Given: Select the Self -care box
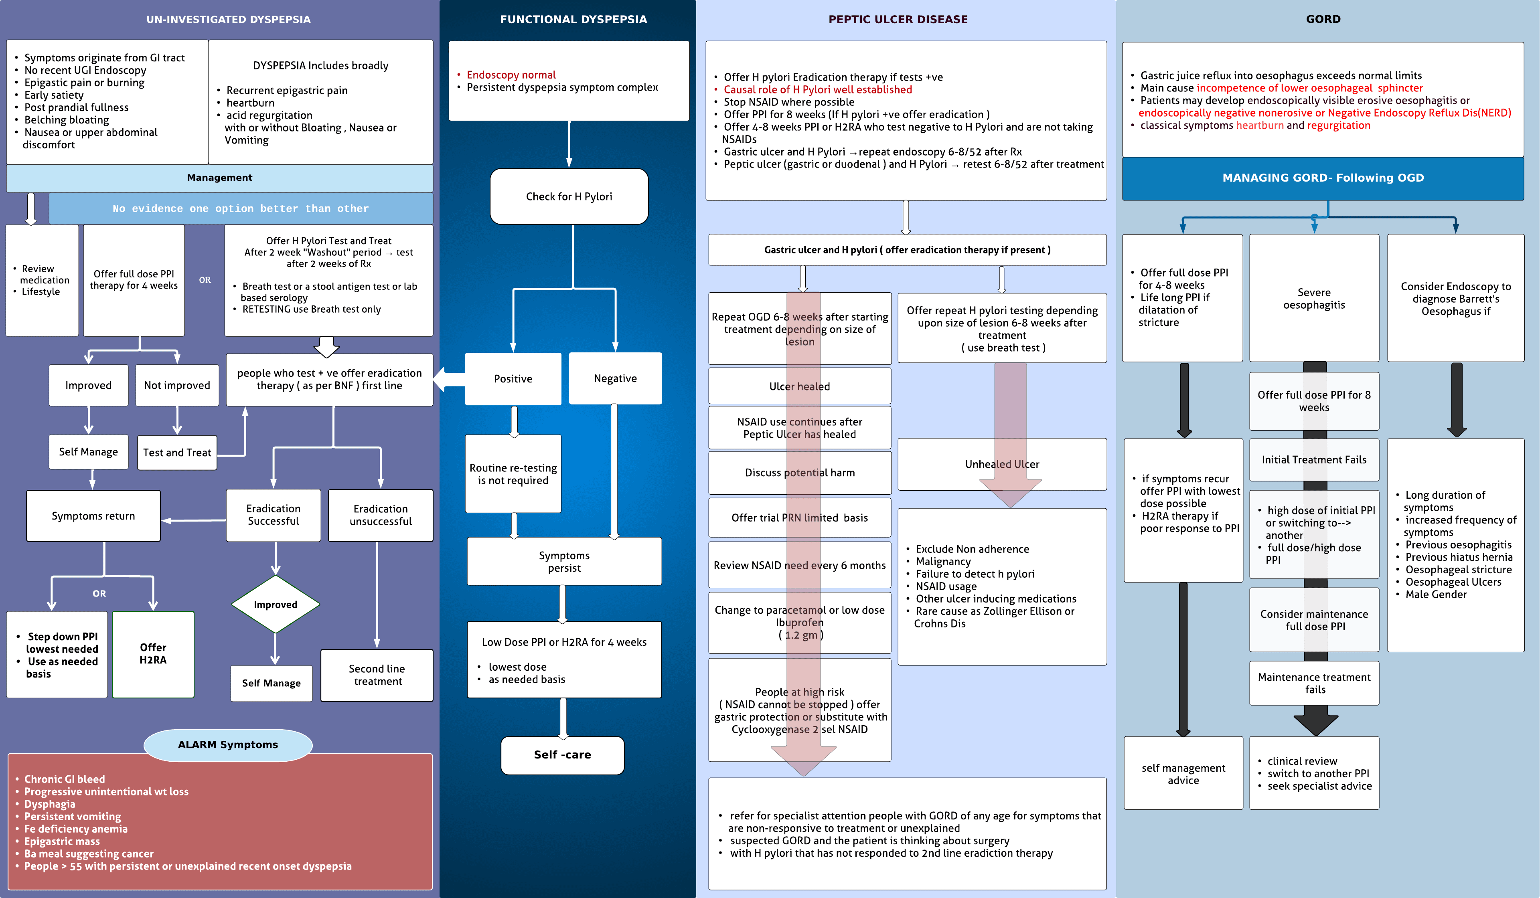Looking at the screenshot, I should click(562, 755).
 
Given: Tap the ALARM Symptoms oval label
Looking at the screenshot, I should click(228, 745).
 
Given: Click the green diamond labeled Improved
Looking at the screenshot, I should click(276, 604).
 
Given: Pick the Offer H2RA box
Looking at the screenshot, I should click(153, 653).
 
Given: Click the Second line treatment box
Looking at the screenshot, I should click(377, 675).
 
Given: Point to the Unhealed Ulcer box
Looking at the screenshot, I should click(1002, 464).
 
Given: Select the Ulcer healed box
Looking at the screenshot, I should click(799, 386).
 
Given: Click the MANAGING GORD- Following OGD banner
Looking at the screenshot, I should click(1323, 178).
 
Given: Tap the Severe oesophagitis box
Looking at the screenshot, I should click(1314, 299).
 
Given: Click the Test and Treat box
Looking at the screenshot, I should click(177, 453).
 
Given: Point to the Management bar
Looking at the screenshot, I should click(219, 178).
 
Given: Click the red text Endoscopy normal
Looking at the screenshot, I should click(511, 75).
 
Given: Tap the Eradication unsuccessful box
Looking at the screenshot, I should click(380, 515).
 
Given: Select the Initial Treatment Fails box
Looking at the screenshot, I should click(1314, 459).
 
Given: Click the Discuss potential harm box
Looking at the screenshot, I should click(799, 473).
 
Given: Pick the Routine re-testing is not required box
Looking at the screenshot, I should click(513, 474).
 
